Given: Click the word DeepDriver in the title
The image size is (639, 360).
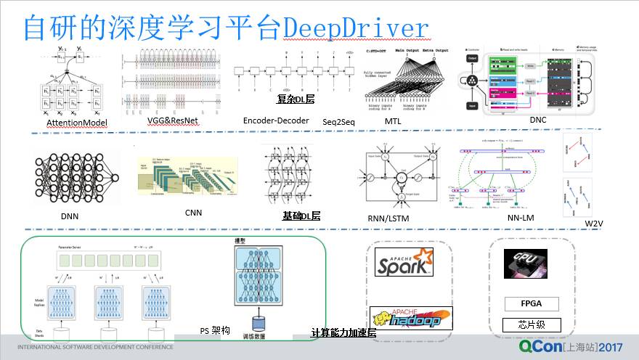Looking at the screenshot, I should pyautogui.click(x=356, y=28).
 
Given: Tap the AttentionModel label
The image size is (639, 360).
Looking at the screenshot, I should pyautogui.click(x=77, y=123).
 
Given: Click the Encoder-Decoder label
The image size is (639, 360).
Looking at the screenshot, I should pyautogui.click(x=276, y=120).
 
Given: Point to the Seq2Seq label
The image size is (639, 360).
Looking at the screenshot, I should pyautogui.click(x=338, y=122).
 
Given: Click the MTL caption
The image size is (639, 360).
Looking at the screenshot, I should pyautogui.click(x=392, y=121).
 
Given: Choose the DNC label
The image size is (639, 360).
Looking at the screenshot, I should pyautogui.click(x=538, y=120).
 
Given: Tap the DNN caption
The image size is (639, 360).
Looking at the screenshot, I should pyautogui.click(x=70, y=216).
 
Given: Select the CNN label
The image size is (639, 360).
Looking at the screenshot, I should pyautogui.click(x=193, y=213).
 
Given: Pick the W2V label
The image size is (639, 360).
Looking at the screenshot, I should pyautogui.click(x=595, y=224).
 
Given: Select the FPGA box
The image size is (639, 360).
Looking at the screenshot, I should pyautogui.click(x=531, y=303).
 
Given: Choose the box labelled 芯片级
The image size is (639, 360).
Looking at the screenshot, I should pyautogui.click(x=531, y=324).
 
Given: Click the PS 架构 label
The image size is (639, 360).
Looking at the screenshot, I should pyautogui.click(x=215, y=330).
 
